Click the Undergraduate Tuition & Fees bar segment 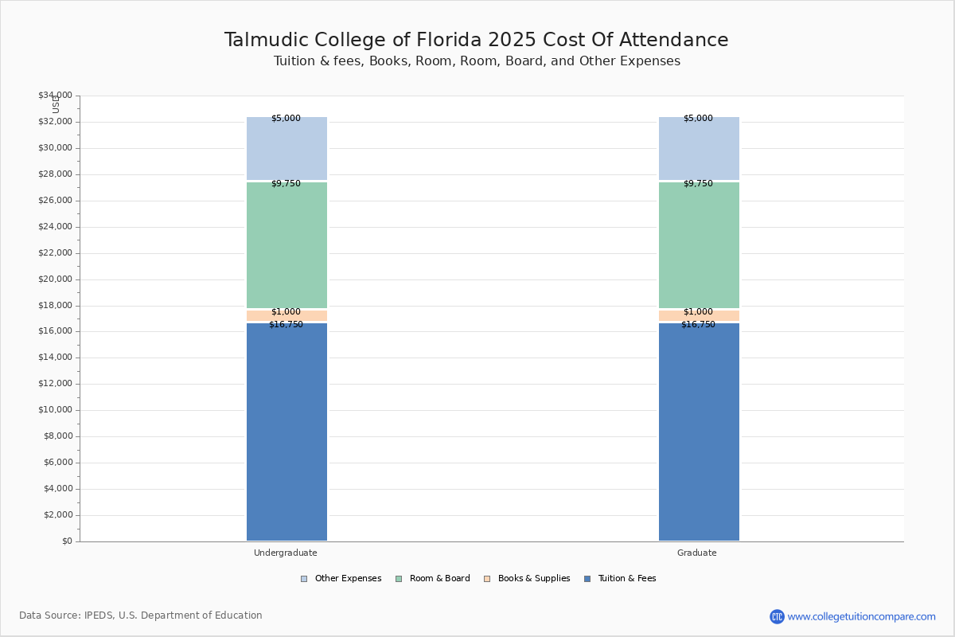[287, 432]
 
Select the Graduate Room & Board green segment [700, 245]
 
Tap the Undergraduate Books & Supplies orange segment [287, 316]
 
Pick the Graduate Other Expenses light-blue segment [700, 148]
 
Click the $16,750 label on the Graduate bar [699, 325]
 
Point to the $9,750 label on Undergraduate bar [286, 183]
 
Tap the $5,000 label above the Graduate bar [699, 118]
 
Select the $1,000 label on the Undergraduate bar [286, 312]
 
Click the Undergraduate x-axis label [286, 553]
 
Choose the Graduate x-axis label [697, 553]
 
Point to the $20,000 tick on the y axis [56, 279]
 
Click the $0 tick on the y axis [68, 541]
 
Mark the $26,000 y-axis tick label [56, 201]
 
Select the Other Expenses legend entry [341, 579]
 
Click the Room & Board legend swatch [399, 579]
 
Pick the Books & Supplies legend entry [528, 579]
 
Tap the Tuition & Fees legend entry [620, 579]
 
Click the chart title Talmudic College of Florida [353, 40]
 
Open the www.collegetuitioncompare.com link [861, 616]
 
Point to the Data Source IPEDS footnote [141, 616]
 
